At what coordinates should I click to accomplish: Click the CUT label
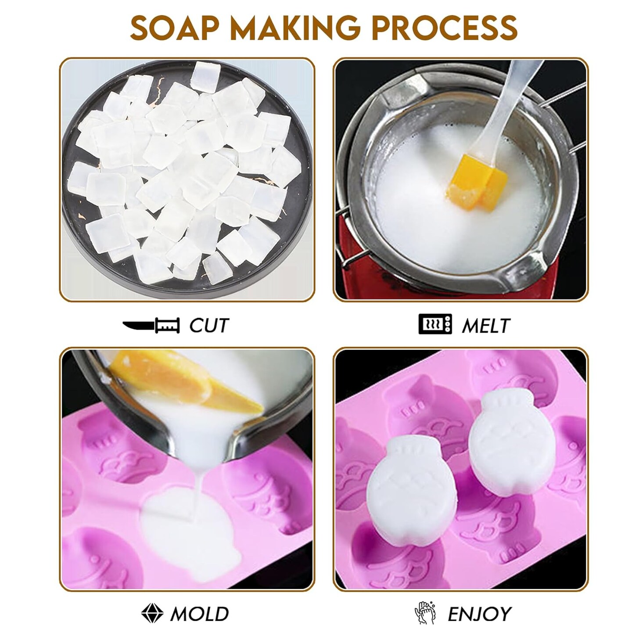click(209, 326)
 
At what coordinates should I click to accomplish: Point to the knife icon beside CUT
click(151, 326)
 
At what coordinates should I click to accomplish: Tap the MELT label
click(485, 326)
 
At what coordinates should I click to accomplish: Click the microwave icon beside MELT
click(435, 324)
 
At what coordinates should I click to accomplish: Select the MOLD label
click(200, 614)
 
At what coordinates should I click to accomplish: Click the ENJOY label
click(479, 614)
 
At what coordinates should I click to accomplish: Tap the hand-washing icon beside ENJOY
click(424, 613)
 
